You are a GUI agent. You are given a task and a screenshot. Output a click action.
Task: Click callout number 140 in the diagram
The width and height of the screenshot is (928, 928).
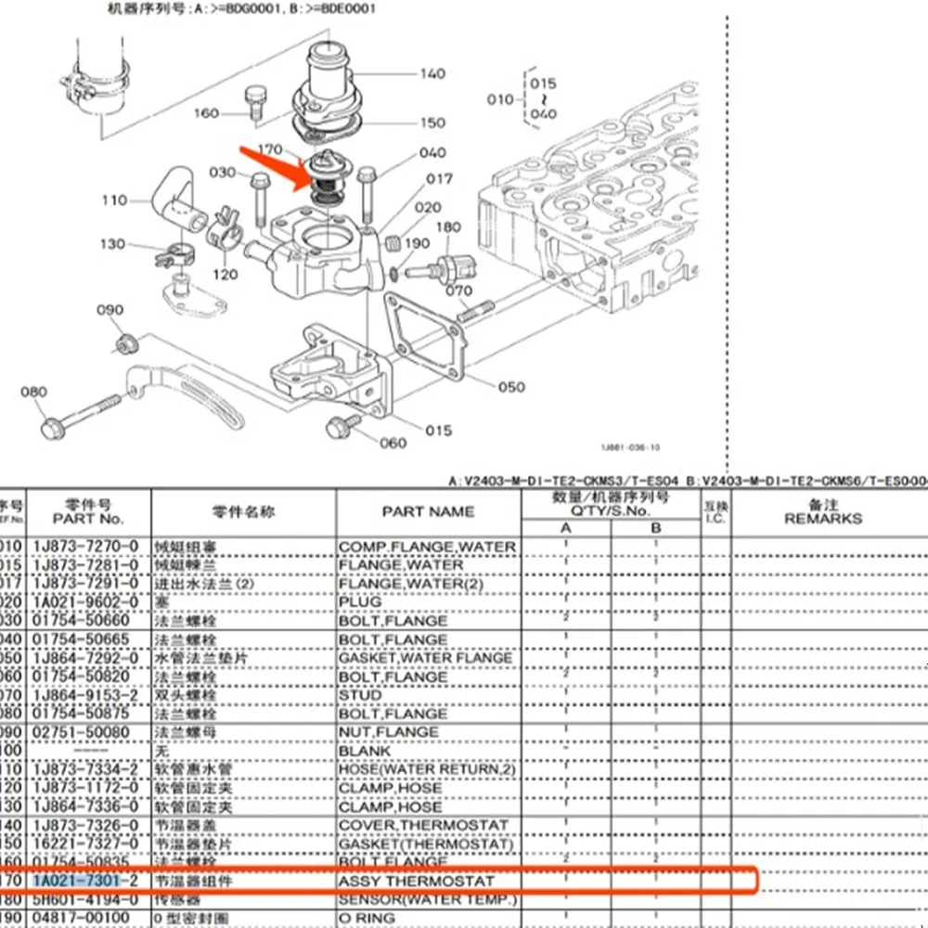pos(432,73)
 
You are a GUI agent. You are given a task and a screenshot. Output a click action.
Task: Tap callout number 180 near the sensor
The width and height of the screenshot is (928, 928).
pos(448,227)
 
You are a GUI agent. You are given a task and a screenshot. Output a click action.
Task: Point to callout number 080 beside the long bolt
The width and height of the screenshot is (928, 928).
pos(33,392)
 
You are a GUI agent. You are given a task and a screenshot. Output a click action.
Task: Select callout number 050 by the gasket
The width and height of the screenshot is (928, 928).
pos(511,387)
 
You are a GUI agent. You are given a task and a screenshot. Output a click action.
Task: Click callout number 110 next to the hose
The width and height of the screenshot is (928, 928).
pos(114,200)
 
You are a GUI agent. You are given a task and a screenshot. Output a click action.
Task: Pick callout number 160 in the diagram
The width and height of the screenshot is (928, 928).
pos(206,113)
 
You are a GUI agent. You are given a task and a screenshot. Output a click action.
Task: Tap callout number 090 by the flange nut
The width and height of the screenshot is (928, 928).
pos(110,310)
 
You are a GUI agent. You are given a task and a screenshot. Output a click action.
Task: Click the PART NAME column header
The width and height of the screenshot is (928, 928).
pos(428,511)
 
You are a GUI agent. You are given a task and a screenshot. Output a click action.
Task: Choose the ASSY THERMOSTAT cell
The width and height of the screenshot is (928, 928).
pos(417,880)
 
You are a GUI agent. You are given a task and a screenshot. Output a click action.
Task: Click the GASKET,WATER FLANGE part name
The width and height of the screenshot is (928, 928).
pos(425,658)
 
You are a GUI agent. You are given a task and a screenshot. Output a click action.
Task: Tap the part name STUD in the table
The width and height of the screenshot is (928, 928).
pos(360,695)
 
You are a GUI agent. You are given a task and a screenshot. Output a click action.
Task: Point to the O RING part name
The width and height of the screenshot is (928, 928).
pos(367,918)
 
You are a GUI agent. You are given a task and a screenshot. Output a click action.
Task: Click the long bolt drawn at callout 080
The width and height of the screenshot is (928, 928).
pos(84,414)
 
